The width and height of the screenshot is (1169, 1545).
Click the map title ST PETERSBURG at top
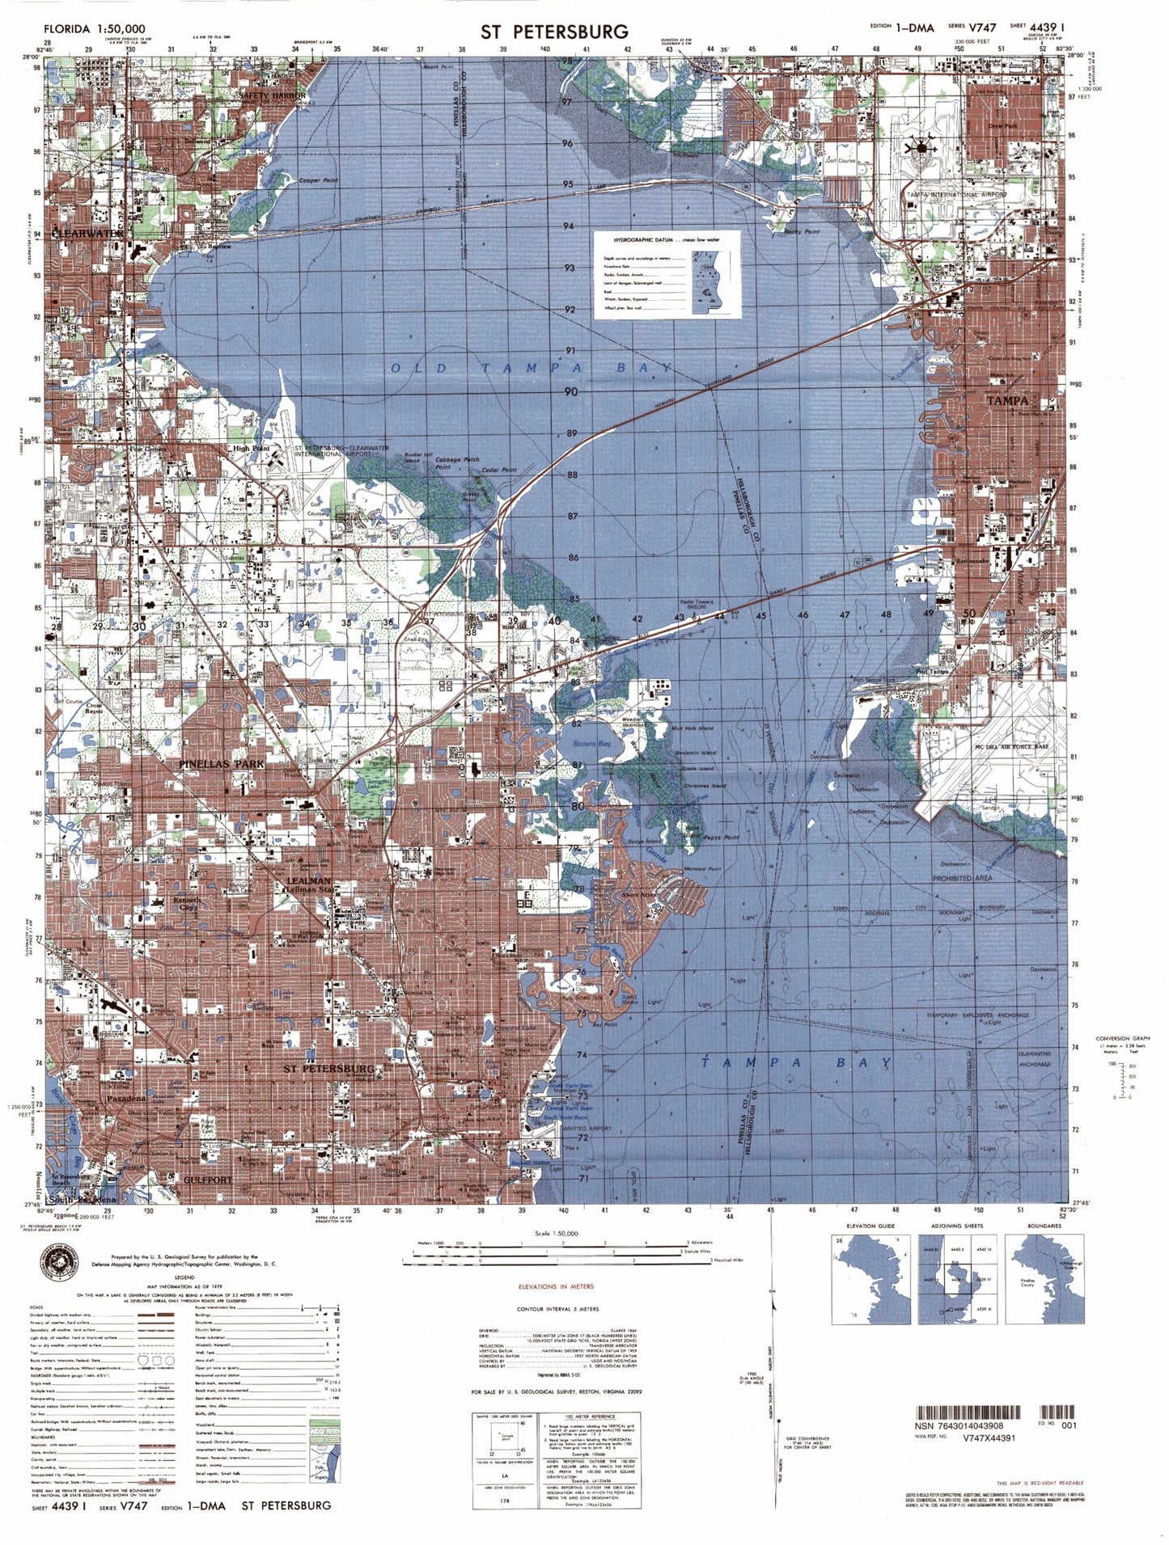click(x=554, y=32)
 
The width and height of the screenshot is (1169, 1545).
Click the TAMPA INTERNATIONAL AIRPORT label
click(x=955, y=195)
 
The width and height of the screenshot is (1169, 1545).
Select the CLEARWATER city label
click(x=87, y=233)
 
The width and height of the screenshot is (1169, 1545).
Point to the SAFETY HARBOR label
click(x=273, y=95)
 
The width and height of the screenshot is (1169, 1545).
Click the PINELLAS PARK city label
click(x=221, y=763)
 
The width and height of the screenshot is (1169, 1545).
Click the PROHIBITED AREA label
click(x=963, y=878)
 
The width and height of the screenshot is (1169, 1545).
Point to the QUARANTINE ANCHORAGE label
click(x=1035, y=1059)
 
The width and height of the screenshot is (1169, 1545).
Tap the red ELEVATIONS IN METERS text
click(x=556, y=1286)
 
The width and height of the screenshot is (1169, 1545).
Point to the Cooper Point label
click(x=319, y=180)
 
